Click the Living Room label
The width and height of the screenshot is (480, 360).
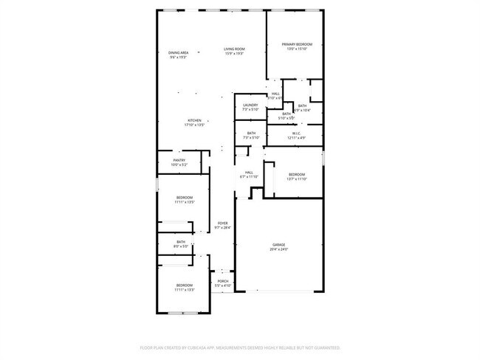tap(235, 49)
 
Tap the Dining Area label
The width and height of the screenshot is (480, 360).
tap(178, 52)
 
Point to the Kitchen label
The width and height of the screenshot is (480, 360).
tap(194, 120)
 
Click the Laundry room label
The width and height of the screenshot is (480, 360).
tap(250, 105)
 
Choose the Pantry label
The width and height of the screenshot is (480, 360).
tap(179, 160)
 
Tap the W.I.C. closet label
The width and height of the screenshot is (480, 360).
tap(295, 133)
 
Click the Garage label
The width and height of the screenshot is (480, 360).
tap(278, 244)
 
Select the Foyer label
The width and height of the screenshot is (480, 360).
tap(222, 223)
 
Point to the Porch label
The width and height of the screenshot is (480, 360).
tap(222, 281)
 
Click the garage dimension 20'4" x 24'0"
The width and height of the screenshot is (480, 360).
tap(278, 249)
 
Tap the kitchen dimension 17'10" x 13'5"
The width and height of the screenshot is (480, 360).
tap(194, 125)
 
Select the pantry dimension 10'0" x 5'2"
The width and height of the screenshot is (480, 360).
tap(179, 165)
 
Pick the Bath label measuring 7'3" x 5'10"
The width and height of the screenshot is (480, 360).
tap(251, 133)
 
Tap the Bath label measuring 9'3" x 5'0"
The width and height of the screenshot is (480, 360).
tap(181, 242)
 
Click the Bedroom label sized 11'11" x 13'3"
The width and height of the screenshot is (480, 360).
tap(184, 285)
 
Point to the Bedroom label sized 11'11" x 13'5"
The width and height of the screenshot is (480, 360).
tap(184, 197)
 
